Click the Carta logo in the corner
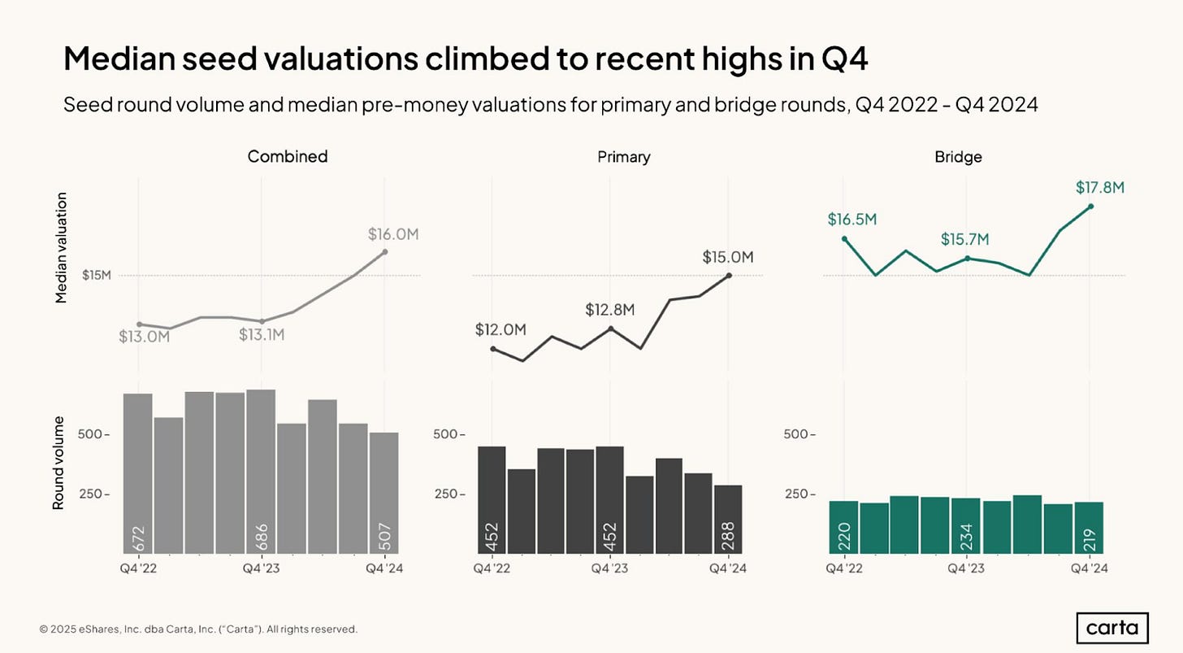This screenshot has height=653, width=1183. pos(1117,628)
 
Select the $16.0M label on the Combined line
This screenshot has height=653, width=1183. pos(393,234)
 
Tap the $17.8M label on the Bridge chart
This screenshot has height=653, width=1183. pos(1100,188)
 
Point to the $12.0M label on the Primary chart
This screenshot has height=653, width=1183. pos(501,329)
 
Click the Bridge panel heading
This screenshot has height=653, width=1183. pos(958,157)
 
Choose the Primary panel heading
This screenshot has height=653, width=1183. pos(624,157)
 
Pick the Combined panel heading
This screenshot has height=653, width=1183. pos(288,157)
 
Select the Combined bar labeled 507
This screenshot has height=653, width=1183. pos(384,493)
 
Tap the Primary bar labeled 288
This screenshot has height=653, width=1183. pos(729,519)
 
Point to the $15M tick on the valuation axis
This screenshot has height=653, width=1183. pos(96,276)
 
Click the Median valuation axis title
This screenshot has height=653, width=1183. pos(61,248)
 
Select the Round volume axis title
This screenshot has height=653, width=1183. pos(58,464)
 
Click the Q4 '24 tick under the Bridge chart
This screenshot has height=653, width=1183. pos(1090,568)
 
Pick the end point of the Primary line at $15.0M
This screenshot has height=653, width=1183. pos(730,276)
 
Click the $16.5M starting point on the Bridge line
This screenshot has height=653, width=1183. pos(845,239)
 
